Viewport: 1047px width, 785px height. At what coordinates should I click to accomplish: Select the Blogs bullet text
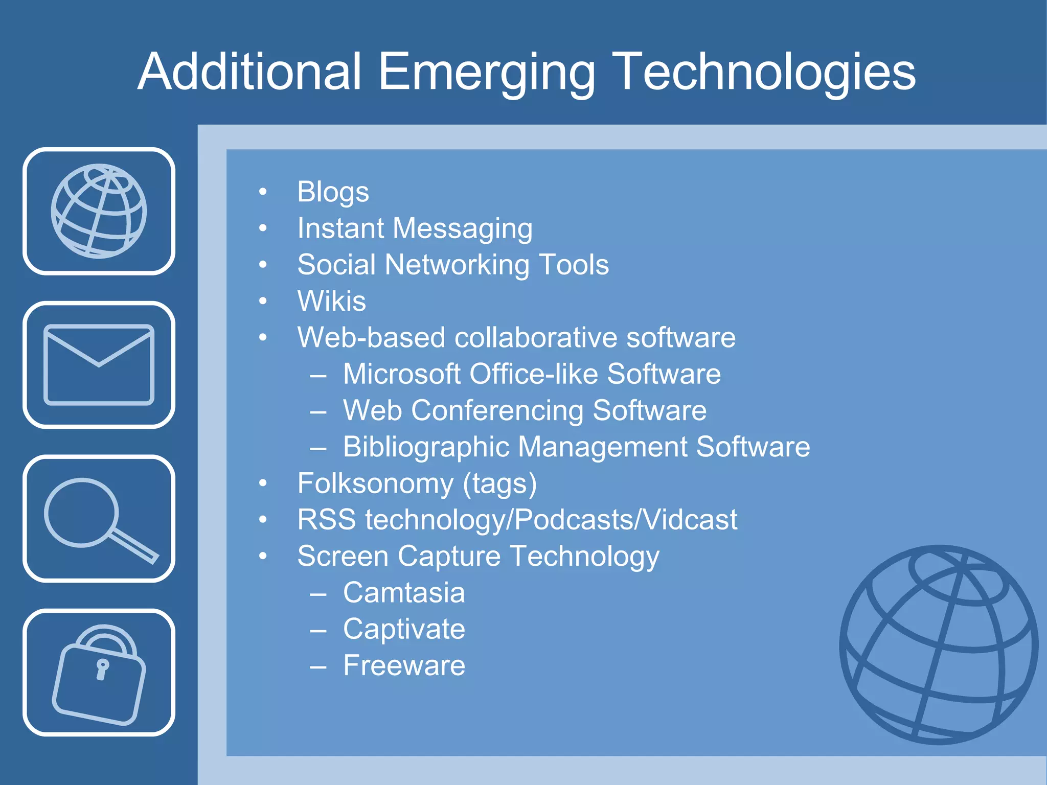(x=333, y=192)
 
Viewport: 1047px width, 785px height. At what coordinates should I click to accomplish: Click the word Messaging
(x=462, y=228)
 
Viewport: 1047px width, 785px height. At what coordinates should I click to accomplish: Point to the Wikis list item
(x=331, y=301)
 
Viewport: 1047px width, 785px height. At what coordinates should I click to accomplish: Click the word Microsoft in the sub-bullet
(x=402, y=374)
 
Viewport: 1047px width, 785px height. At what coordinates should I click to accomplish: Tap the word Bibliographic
(x=425, y=447)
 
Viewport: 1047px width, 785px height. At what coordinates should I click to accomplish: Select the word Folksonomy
(x=375, y=483)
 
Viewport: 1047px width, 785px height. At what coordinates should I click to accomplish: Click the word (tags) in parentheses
(x=499, y=483)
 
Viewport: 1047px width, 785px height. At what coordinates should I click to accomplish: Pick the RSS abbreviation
(x=326, y=520)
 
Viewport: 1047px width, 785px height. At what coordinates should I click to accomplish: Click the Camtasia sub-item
(x=404, y=593)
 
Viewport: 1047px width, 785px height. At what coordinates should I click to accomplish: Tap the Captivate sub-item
(x=404, y=629)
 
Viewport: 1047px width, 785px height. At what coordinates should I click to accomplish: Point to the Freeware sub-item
(x=404, y=665)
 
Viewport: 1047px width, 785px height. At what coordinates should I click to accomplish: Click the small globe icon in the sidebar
(x=99, y=211)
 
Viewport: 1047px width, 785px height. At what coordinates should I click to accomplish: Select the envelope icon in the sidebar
(x=99, y=364)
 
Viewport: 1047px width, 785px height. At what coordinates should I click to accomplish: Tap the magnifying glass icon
(x=99, y=519)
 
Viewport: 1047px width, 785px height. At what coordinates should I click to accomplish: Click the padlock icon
(x=99, y=674)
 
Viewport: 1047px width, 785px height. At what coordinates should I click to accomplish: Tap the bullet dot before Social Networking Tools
(x=263, y=265)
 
